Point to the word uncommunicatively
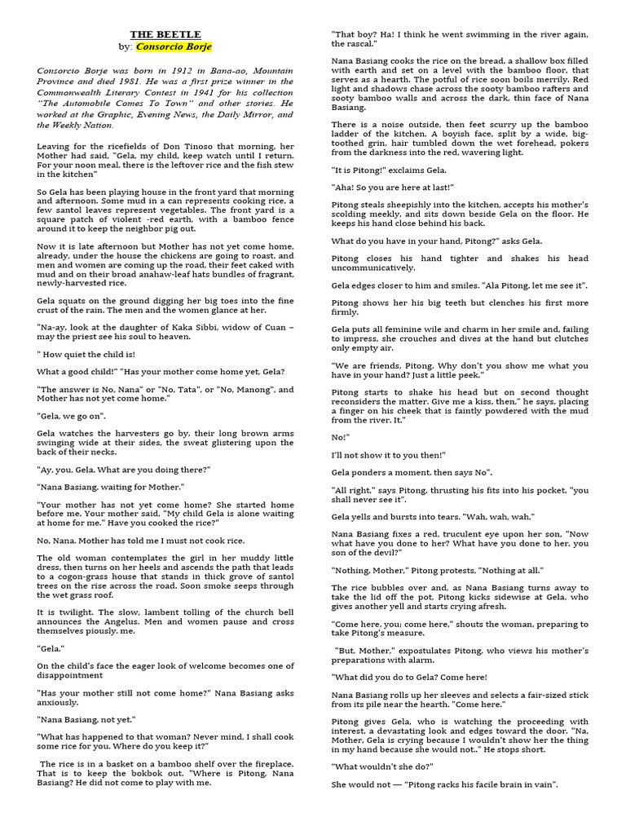pos(380,267)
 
